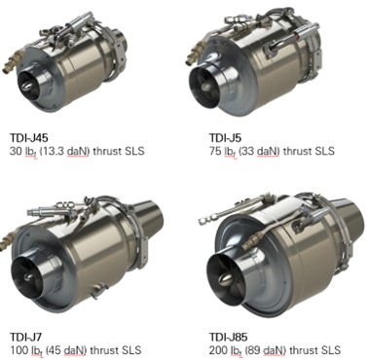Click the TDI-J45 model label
28,137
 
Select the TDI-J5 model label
225,137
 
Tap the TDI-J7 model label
25,337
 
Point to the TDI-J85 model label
228,337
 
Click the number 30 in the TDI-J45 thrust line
16,151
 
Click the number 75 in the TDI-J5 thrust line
215,151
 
